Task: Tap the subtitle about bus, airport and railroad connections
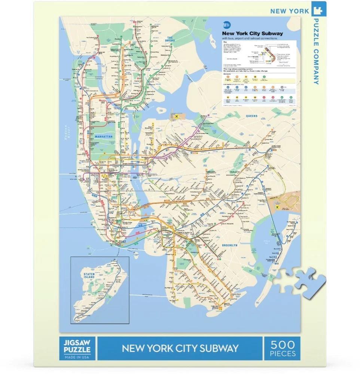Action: [x=249, y=38]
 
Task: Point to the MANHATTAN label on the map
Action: [x=103, y=137]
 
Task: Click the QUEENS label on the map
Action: [x=251, y=116]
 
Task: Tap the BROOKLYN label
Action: [x=229, y=245]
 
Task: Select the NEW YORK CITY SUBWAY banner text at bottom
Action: [x=180, y=349]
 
